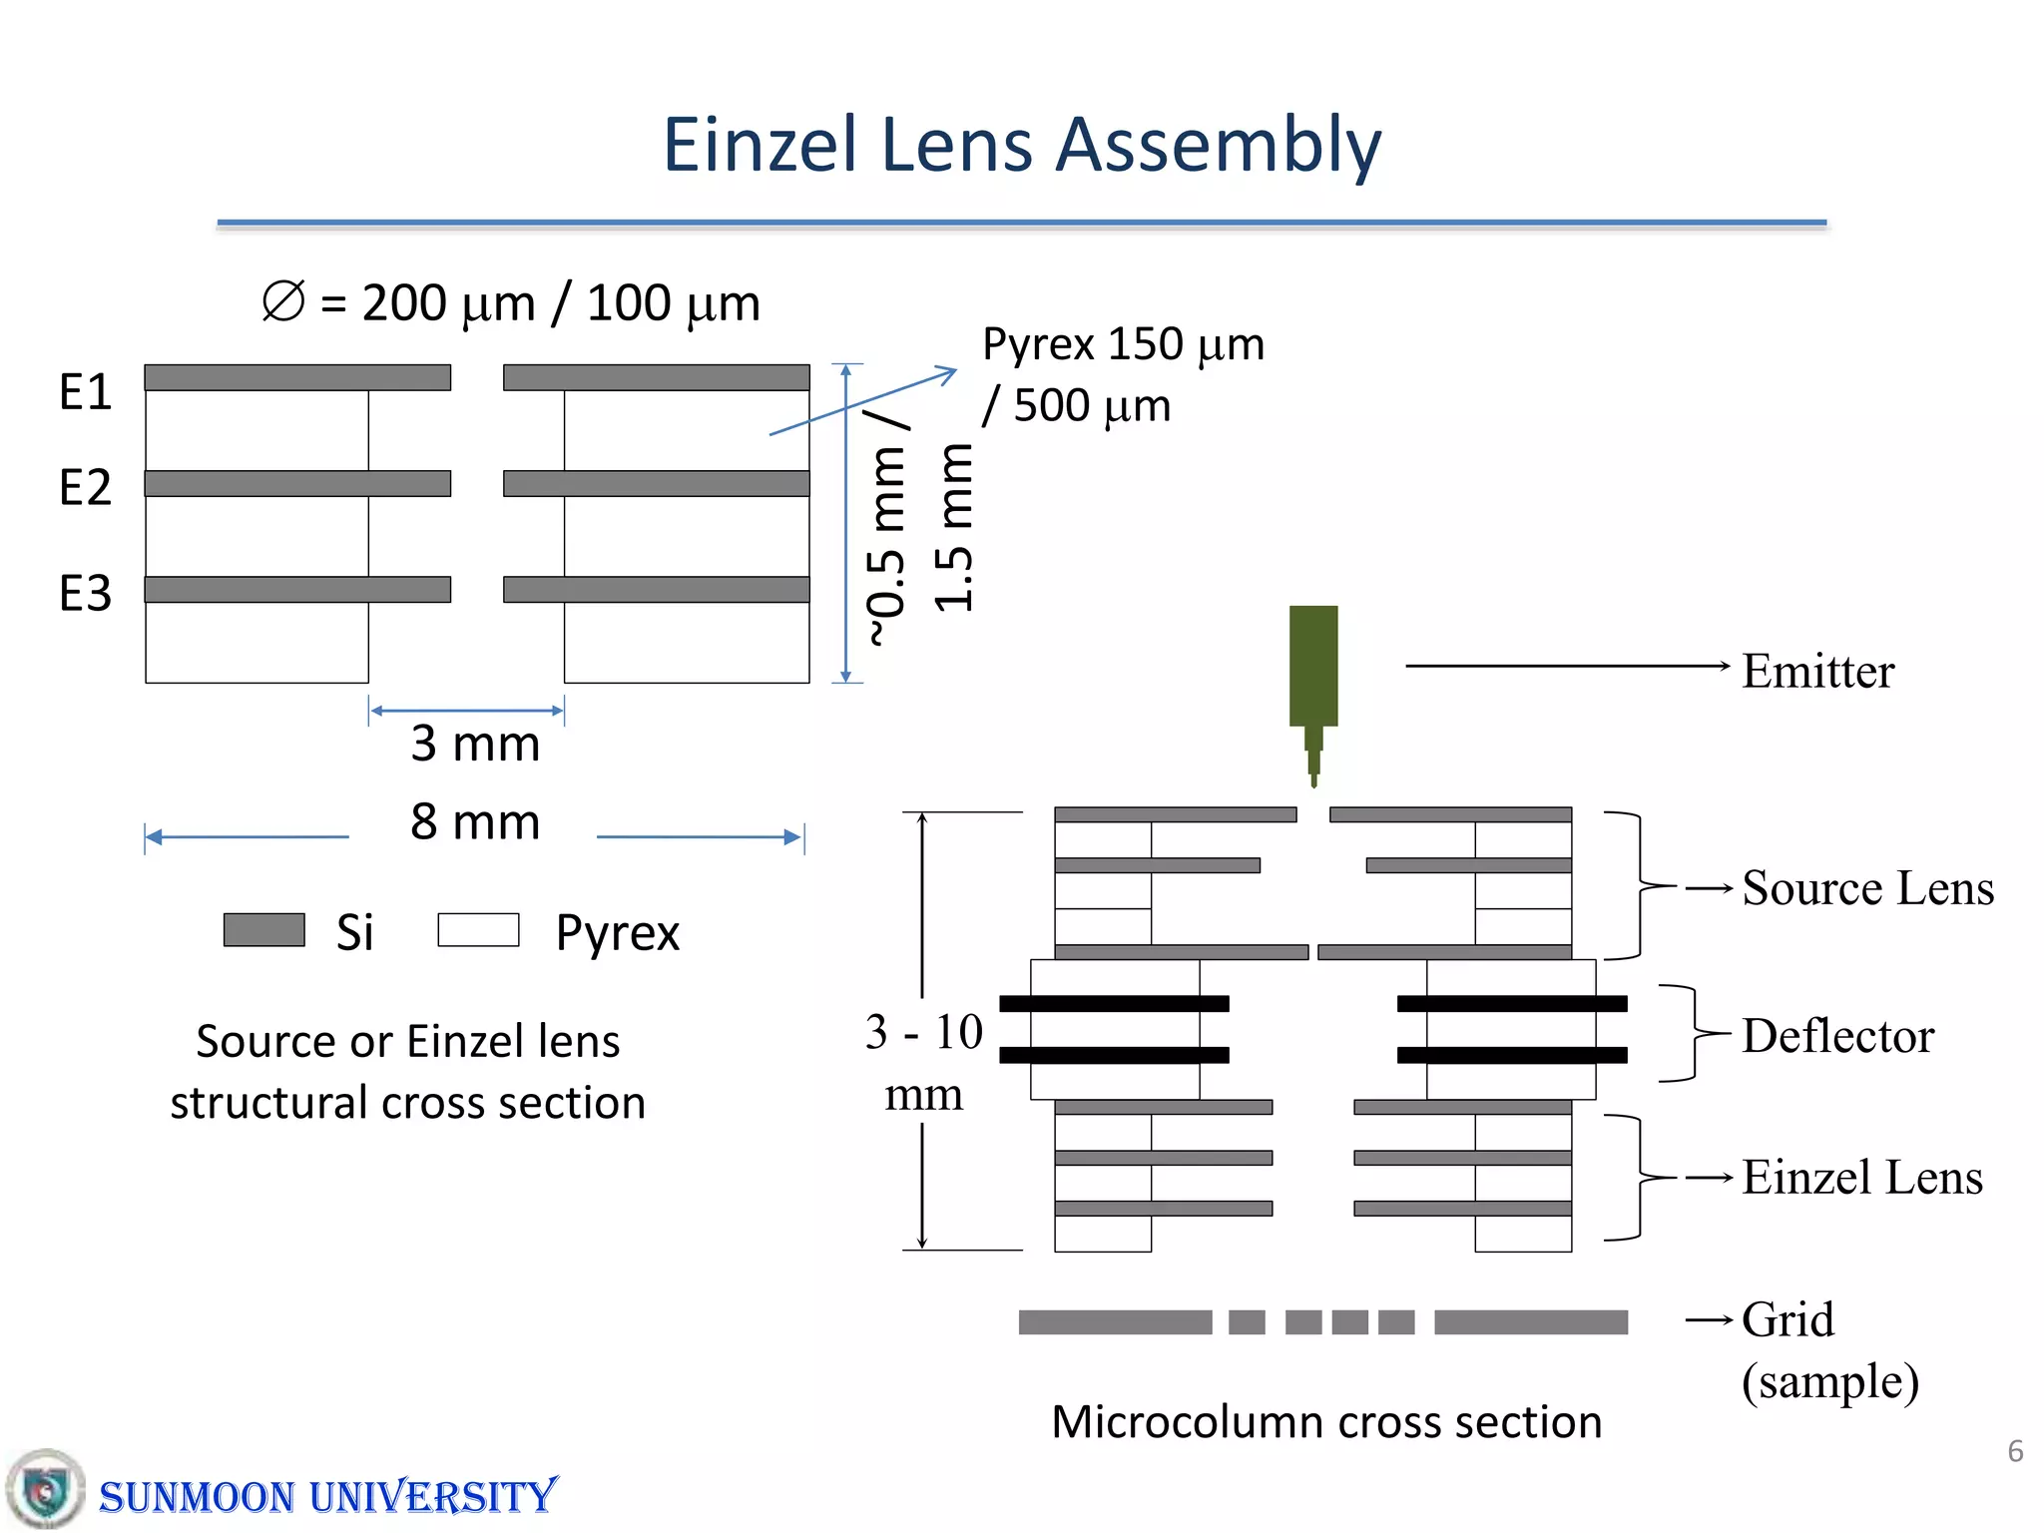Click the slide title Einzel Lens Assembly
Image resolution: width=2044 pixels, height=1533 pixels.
point(1021,146)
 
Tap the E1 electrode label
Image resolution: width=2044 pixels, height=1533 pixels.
point(85,392)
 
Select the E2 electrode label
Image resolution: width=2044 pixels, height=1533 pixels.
point(85,488)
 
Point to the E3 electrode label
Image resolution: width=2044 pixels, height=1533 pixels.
point(85,594)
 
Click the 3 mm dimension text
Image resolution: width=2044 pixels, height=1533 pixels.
point(475,744)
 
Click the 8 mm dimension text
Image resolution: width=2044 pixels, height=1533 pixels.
point(475,822)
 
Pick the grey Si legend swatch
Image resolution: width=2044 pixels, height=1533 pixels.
point(263,929)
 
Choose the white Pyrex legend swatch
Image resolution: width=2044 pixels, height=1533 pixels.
point(478,929)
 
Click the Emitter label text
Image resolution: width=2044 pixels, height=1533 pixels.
point(1816,671)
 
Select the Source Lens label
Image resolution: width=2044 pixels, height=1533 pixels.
point(1866,888)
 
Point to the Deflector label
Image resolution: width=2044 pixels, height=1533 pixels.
point(1836,1036)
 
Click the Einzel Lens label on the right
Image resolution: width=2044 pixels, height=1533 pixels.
point(1861,1178)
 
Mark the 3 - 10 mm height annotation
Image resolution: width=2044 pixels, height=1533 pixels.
point(923,1062)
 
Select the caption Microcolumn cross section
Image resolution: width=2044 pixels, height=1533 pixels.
point(1325,1421)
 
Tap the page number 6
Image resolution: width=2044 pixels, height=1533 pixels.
point(2014,1451)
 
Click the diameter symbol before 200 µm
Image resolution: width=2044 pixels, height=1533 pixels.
point(282,301)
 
